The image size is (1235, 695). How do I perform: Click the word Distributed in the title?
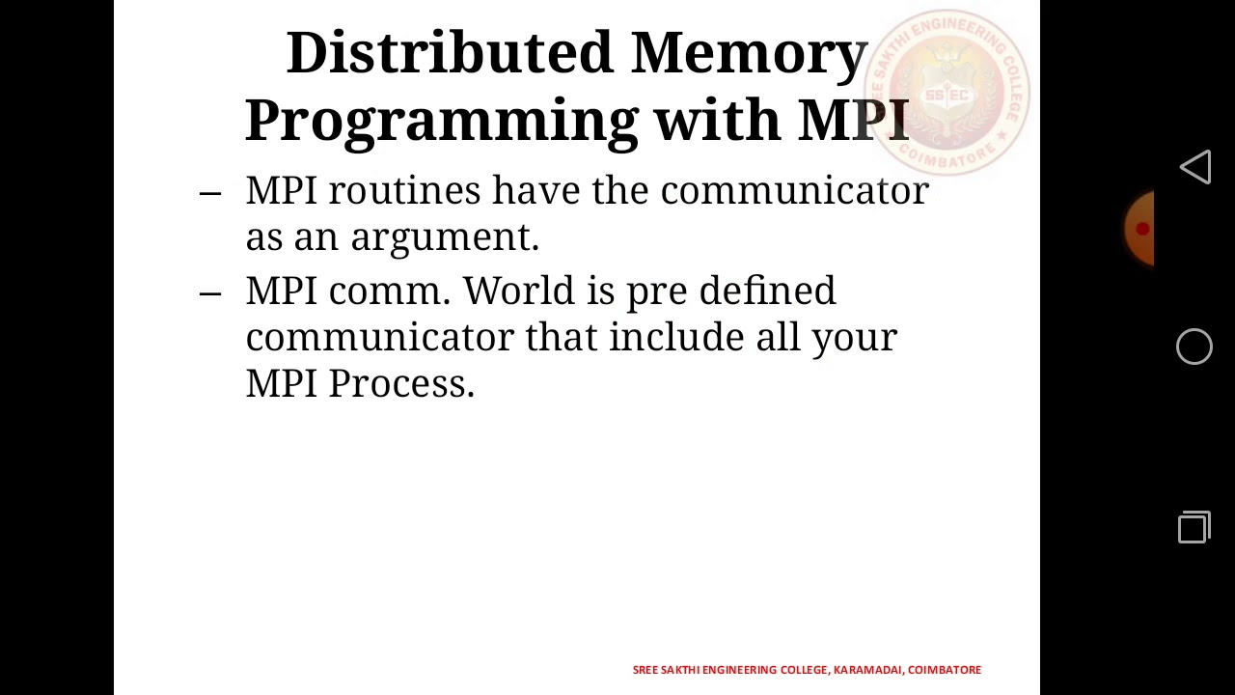450,53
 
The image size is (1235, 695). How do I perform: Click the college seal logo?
947,93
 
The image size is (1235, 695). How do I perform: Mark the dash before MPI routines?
209,192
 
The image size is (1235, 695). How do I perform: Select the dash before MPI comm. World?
209,292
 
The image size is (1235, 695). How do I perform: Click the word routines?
404,191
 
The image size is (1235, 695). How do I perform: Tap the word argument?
444,237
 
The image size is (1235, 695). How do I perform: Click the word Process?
400,383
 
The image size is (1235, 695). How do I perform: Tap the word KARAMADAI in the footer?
867,670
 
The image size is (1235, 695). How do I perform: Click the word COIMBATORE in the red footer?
945,670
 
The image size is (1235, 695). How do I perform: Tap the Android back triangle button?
1194,167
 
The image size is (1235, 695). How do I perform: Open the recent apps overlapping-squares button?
1194,527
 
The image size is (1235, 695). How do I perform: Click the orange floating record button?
1140,229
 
